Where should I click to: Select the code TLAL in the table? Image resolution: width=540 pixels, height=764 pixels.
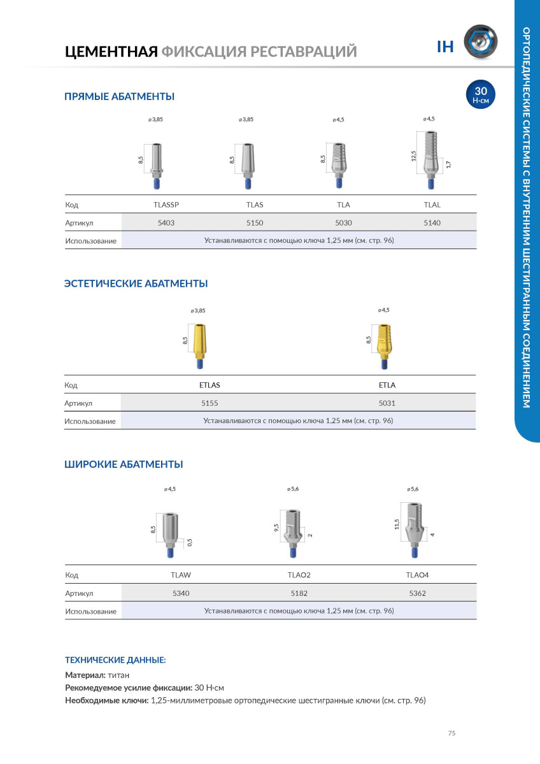(x=432, y=205)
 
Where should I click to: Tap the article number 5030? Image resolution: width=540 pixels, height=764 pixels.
(x=343, y=222)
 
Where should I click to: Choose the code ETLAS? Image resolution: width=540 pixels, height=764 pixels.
(x=210, y=385)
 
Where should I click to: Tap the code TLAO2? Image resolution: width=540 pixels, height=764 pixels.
(x=299, y=575)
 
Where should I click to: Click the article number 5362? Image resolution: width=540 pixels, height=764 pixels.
(x=418, y=593)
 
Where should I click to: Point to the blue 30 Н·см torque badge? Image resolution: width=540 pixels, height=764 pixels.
(x=481, y=94)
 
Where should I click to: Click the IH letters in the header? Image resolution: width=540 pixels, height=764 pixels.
(x=444, y=46)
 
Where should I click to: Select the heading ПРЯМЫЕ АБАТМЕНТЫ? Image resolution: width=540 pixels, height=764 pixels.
(x=119, y=97)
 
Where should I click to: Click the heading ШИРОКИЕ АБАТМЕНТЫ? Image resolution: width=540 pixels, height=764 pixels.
(x=124, y=465)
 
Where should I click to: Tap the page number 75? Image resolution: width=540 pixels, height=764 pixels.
(x=451, y=733)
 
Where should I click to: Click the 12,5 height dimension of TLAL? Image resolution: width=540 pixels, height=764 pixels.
(x=413, y=156)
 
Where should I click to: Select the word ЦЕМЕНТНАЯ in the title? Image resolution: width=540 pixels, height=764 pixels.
(x=111, y=51)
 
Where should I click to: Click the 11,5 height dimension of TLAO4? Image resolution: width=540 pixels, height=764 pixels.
(x=397, y=524)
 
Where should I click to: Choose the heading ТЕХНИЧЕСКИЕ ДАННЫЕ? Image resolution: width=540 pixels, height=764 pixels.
(x=115, y=660)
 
